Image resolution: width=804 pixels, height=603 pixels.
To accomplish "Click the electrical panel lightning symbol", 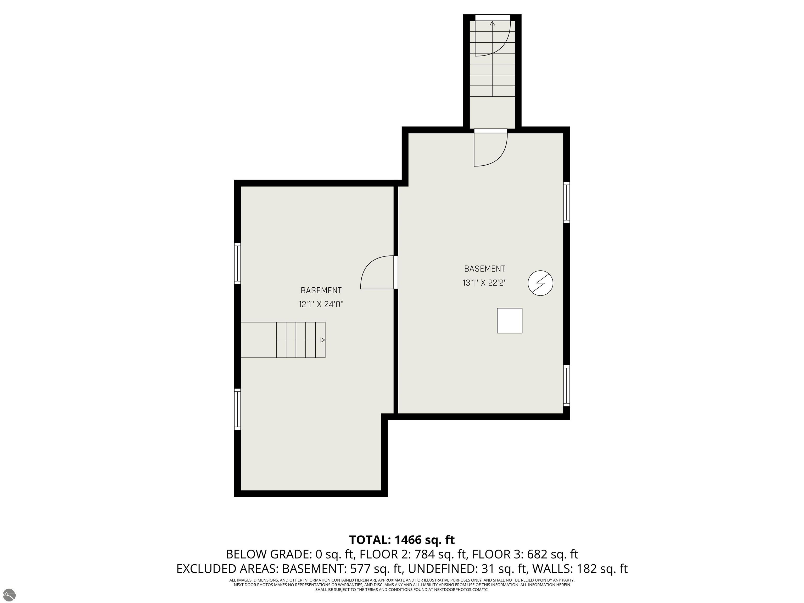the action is (x=540, y=283).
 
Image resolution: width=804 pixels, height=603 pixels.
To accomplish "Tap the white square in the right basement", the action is (x=510, y=321).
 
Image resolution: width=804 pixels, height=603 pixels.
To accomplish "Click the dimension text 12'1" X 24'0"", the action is (x=321, y=304).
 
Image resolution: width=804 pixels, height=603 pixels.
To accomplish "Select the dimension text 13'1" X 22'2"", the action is (x=484, y=282).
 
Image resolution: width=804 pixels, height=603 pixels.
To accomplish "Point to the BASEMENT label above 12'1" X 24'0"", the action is (x=321, y=291).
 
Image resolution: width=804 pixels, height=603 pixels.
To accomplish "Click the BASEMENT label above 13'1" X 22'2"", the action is (x=484, y=269).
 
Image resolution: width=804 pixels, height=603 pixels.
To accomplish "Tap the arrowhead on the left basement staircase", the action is (x=323, y=340).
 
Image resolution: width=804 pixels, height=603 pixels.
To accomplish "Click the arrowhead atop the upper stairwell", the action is (x=493, y=24).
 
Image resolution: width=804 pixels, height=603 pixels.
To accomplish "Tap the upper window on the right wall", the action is (x=566, y=202).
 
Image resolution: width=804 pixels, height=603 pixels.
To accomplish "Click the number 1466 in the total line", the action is (x=409, y=540).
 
